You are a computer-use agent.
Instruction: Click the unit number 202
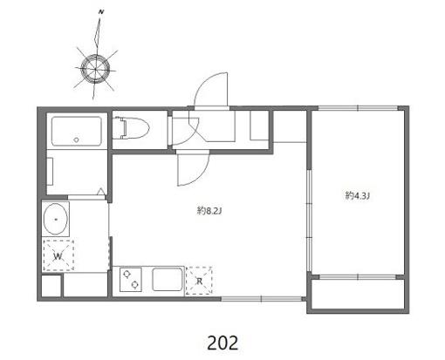tap(222, 343)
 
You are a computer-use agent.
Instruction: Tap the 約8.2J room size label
tap(209, 210)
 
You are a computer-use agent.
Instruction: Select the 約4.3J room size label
tap(358, 195)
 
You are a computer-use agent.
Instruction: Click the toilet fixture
tap(132, 127)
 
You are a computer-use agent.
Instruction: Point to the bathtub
tap(77, 131)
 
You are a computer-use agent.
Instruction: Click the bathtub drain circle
tap(77, 139)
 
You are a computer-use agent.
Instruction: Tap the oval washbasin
tap(56, 219)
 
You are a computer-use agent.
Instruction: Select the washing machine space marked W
tap(58, 256)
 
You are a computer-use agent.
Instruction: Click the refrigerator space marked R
tap(199, 281)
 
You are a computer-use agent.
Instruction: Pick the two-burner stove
tap(131, 280)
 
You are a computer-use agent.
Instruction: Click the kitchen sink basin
tap(168, 279)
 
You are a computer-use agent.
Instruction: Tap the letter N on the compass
tap(101, 12)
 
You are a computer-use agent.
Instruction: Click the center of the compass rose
tap(95, 69)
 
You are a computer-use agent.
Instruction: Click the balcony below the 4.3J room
tap(358, 294)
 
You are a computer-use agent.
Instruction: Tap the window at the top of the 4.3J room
tap(358, 108)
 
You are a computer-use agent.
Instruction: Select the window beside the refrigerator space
tap(261, 298)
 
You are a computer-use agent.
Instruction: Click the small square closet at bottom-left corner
tap(51, 286)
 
